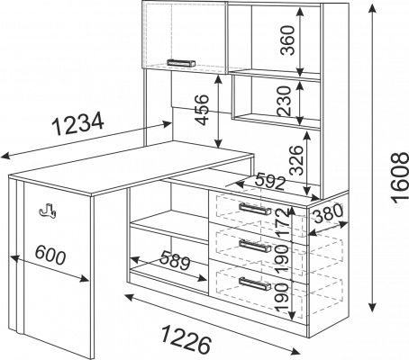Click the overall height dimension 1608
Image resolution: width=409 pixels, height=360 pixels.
coord(400,177)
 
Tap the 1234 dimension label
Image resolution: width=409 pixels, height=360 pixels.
coord(78,122)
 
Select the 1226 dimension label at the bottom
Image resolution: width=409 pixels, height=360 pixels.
coord(186,341)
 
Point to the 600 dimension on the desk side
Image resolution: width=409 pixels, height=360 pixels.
coord(50,256)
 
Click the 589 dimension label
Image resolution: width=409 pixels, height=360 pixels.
coord(175,260)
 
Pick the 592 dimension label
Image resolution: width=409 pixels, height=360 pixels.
coord(270,182)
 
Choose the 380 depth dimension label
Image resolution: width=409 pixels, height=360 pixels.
coord(327,213)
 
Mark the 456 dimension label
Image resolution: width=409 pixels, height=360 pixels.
coord(202,110)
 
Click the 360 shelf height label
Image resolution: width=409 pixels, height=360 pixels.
coord(287,40)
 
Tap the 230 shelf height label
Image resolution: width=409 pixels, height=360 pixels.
coord(285,101)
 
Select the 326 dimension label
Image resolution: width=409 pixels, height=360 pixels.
coord(296,160)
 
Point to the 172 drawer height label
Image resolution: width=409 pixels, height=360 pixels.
coord(282,222)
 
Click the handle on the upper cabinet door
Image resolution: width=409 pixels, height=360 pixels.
coord(181,63)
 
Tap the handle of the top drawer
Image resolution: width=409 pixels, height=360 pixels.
coord(255,209)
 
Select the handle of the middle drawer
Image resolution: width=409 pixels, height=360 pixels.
coord(255,247)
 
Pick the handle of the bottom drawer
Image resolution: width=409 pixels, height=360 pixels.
coord(255,284)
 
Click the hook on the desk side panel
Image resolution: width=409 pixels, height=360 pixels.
coord(47,210)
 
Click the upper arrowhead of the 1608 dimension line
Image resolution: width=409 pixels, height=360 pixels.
coord(372,8)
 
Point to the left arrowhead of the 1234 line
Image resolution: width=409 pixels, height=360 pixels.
coord(6,156)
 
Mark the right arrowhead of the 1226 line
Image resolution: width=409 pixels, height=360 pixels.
coord(295,350)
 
